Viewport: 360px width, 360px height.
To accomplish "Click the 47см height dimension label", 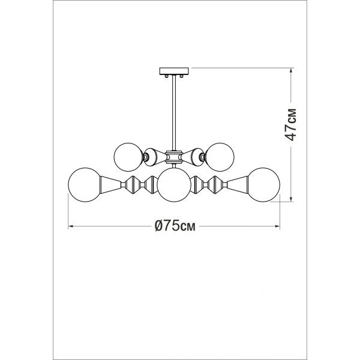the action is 290,124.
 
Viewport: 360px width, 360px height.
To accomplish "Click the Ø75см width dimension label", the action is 175,226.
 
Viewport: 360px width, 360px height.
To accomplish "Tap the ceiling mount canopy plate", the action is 174,71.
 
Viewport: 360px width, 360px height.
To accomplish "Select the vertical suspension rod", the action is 174,113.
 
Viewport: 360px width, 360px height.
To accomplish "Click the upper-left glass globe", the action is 128,157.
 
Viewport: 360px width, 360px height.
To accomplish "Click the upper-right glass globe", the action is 220,157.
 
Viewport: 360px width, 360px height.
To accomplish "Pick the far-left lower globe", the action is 85,185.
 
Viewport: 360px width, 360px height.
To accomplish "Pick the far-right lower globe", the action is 263,185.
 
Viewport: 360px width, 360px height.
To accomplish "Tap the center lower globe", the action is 174,185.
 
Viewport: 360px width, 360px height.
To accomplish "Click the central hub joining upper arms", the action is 174,157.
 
